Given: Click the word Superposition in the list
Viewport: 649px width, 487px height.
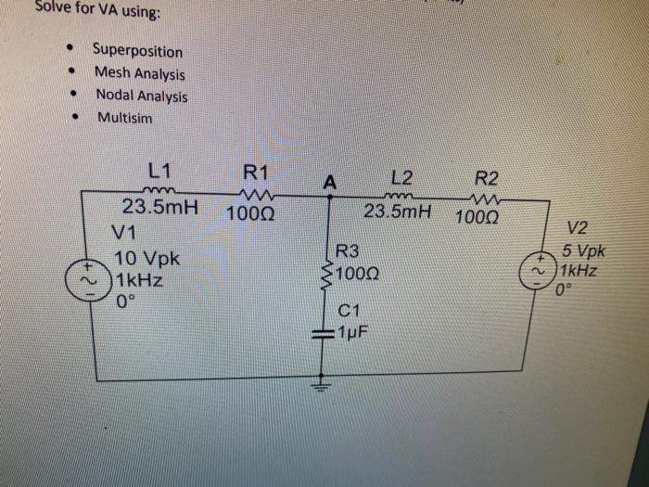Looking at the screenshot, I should [137, 51].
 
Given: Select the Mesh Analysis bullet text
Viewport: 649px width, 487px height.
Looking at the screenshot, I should [139, 73].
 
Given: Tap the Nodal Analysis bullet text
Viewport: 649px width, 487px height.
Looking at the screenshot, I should [141, 96].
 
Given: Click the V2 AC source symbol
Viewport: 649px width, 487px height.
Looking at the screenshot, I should [540, 272].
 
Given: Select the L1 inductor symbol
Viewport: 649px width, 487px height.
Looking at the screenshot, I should [159, 192].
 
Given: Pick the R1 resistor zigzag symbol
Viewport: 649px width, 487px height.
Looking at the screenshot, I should [252, 194].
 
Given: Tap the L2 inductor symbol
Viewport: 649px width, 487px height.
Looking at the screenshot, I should [401, 196].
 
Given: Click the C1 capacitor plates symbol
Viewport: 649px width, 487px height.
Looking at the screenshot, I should [324, 332].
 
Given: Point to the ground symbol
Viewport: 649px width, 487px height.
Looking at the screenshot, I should [324, 380].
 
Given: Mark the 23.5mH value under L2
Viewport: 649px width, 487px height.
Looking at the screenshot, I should [398, 212].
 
